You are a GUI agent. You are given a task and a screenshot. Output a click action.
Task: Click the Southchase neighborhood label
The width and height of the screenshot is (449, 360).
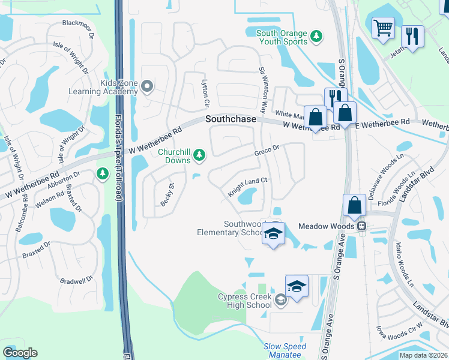point(231,119)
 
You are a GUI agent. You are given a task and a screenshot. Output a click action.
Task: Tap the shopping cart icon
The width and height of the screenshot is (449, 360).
point(382,28)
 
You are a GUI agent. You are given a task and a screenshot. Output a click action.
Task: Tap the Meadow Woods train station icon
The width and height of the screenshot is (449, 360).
point(362,226)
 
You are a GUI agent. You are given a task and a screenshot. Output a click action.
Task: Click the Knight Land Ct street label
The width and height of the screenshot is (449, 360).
point(247,187)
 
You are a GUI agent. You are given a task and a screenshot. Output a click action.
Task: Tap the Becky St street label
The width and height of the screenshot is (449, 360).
point(166,196)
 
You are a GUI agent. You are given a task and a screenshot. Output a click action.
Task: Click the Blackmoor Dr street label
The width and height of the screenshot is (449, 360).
point(79,27)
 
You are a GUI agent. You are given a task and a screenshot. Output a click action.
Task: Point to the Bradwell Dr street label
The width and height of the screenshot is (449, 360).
point(77,279)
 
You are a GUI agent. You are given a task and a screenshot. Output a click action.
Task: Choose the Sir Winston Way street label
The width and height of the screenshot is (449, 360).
point(262,91)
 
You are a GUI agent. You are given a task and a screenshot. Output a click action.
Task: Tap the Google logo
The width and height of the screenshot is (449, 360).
point(20,352)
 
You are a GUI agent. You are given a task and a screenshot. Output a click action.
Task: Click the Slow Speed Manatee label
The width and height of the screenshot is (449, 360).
point(285,350)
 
